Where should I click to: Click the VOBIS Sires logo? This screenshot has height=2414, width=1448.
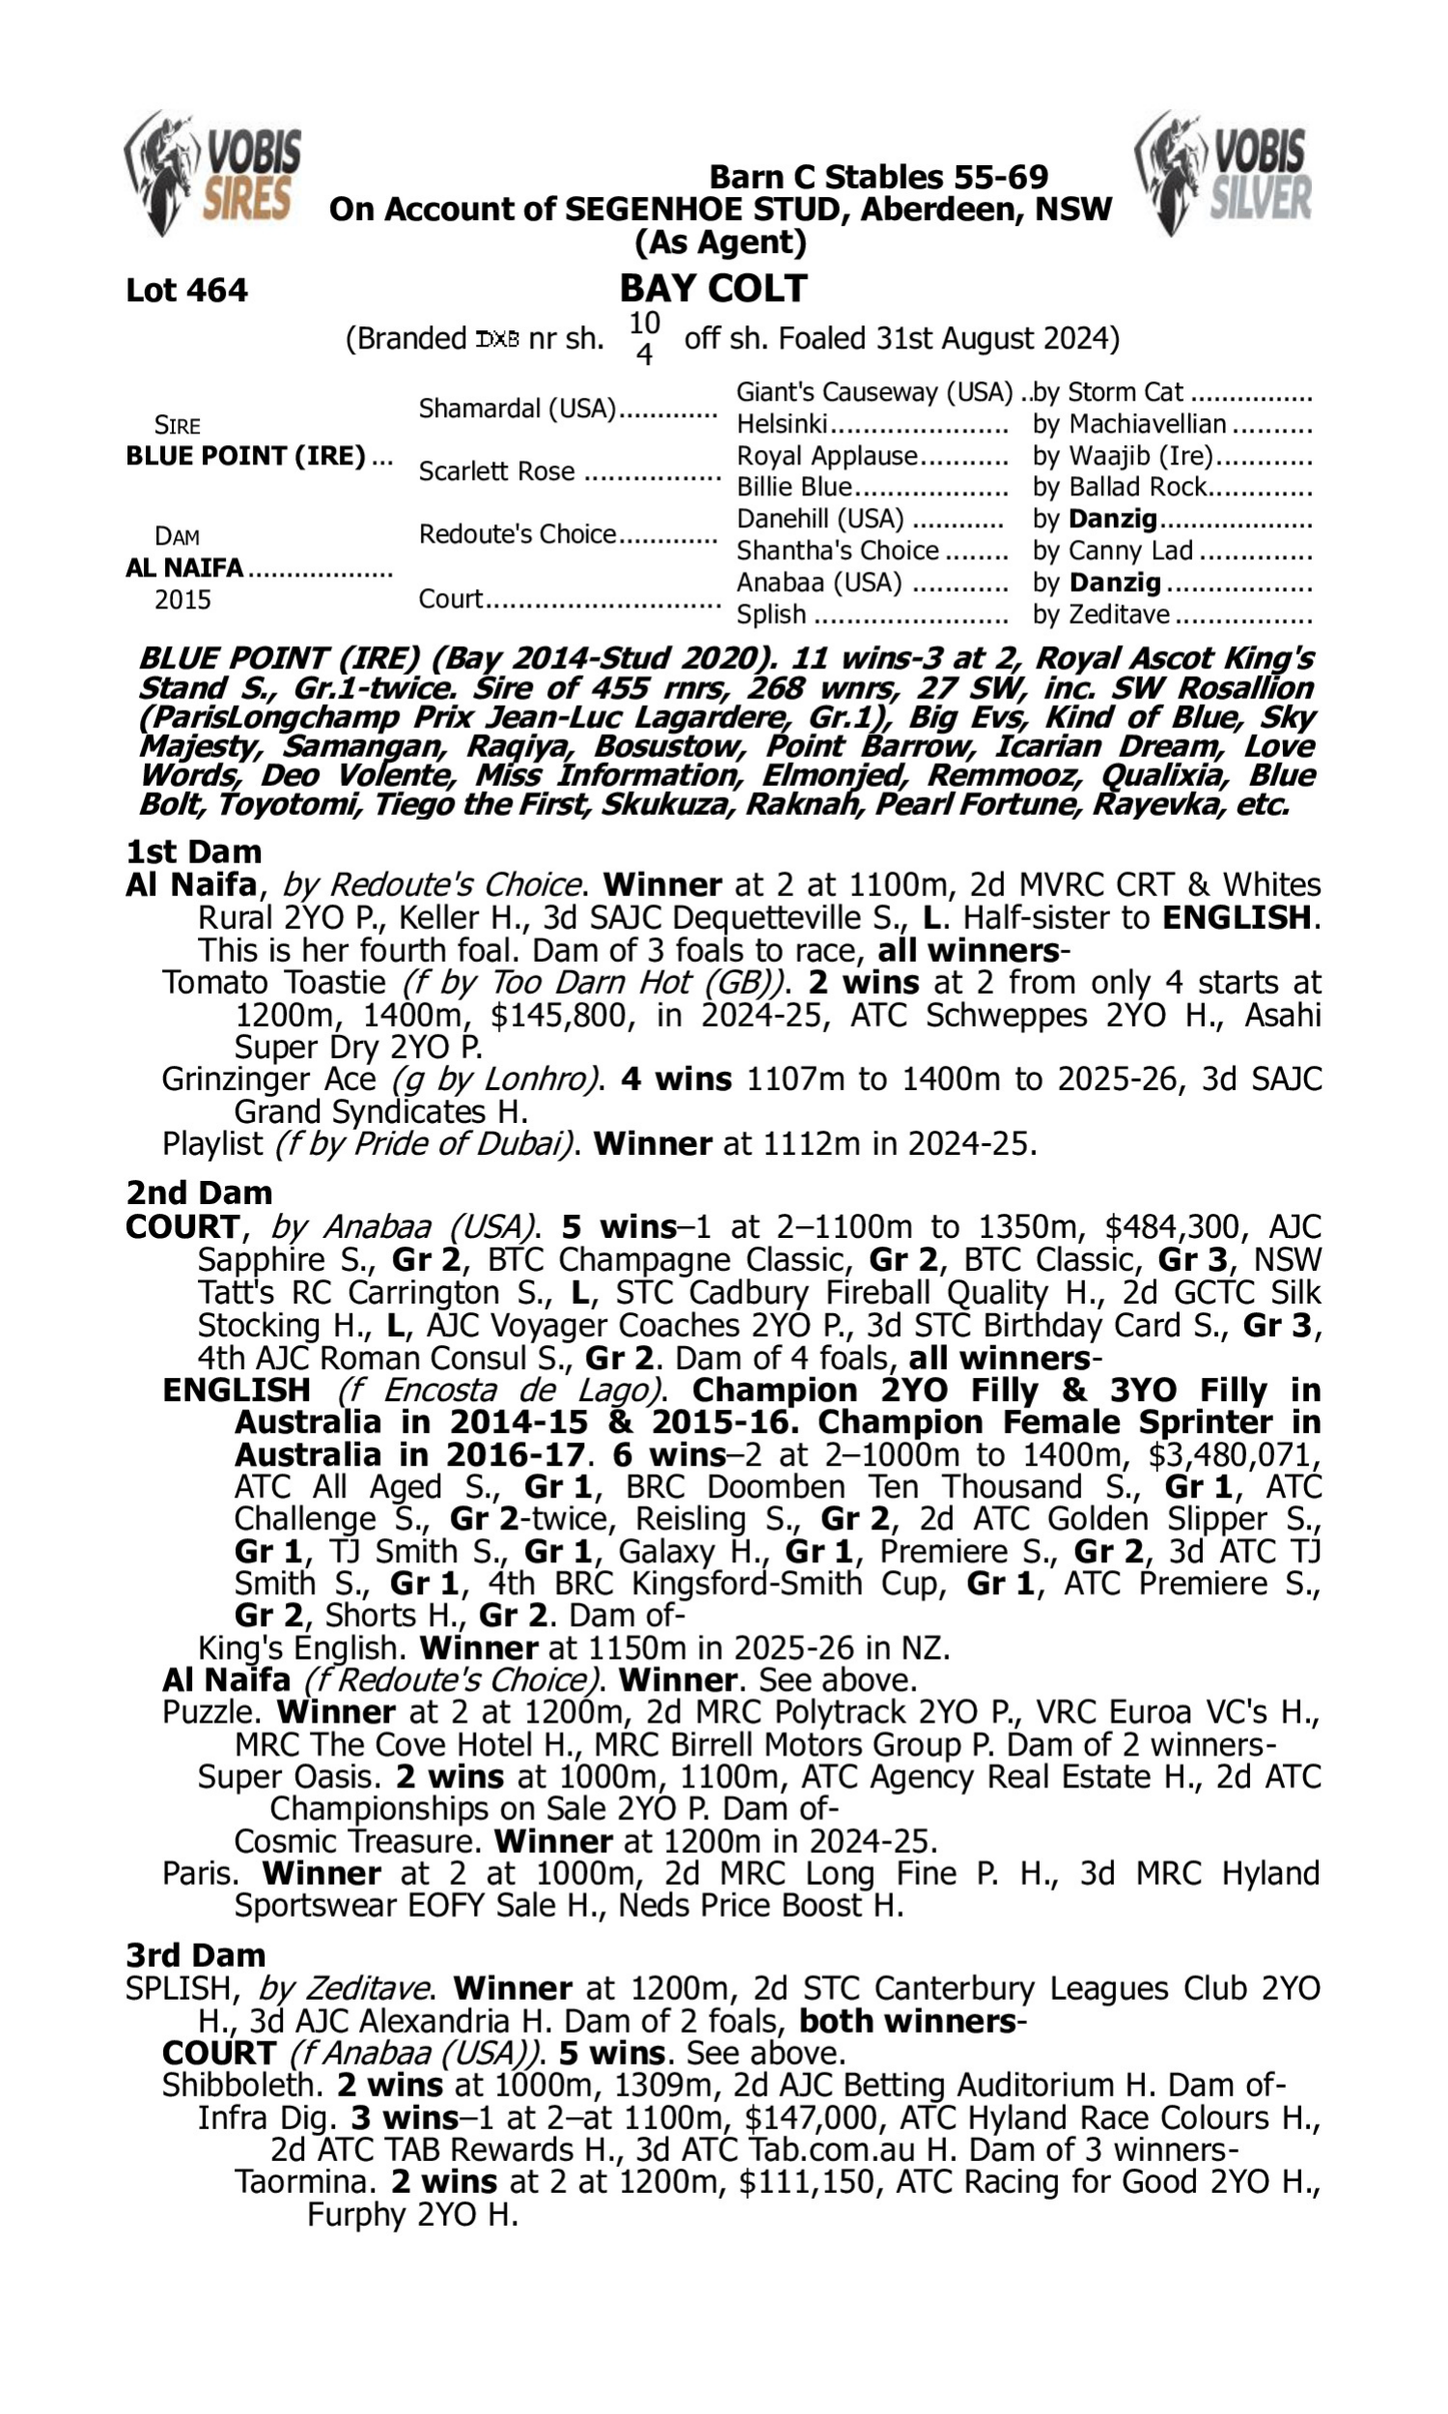pyautogui.click(x=213, y=173)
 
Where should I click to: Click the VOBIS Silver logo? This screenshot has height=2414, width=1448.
pyautogui.click(x=1224, y=173)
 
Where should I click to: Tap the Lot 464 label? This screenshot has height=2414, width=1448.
pyautogui.click(x=186, y=290)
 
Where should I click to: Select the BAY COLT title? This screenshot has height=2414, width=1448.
pyautogui.click(x=713, y=288)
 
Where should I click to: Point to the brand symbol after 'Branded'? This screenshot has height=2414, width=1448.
pyautogui.click(x=497, y=340)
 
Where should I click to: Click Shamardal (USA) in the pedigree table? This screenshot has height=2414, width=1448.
pyautogui.click(x=517, y=407)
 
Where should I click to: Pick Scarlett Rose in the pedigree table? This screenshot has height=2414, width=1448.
pyautogui.click(x=495, y=471)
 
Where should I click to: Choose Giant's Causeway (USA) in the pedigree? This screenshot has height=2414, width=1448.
pyautogui.click(x=875, y=392)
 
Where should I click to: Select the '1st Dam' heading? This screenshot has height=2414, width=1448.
pyautogui.click(x=193, y=852)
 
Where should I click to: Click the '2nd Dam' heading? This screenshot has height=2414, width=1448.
pyautogui.click(x=198, y=1193)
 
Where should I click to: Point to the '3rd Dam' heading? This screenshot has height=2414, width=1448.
pyautogui.click(x=195, y=1955)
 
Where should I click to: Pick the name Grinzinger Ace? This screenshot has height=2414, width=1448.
pyautogui.click(x=268, y=1080)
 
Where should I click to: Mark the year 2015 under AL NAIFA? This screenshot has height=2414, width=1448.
pyautogui.click(x=182, y=599)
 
